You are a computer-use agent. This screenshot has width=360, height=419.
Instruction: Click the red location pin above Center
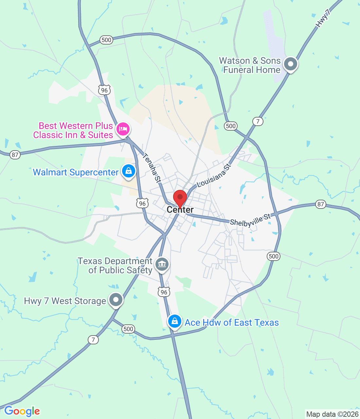[180, 198]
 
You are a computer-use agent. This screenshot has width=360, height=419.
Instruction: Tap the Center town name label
[180, 210]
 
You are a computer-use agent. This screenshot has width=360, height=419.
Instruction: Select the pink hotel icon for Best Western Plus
[123, 129]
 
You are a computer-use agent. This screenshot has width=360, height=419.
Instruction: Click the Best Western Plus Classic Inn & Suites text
[73, 130]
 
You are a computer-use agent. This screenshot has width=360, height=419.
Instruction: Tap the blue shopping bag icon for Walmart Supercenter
[129, 171]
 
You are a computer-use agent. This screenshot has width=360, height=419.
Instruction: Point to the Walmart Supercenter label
[76, 172]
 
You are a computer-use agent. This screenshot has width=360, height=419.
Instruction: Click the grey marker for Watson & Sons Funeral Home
[290, 64]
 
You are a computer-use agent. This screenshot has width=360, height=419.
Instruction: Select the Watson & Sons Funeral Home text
[250, 65]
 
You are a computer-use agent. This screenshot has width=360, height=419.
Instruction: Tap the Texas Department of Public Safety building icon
[162, 264]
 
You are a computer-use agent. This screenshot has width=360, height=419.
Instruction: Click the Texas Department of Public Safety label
[115, 265]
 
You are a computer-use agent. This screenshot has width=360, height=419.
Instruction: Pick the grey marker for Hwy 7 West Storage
[116, 299]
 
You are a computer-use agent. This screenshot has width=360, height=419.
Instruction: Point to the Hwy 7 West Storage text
[65, 301]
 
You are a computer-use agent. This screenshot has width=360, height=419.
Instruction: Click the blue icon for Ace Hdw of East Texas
[175, 321]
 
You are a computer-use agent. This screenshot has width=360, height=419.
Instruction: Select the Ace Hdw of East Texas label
[232, 323]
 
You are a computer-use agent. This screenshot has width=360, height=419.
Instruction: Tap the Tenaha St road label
[152, 168]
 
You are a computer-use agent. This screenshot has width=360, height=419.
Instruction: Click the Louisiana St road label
[214, 176]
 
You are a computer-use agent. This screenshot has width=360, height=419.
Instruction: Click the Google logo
[22, 411]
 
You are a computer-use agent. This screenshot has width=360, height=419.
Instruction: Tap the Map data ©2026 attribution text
[332, 414]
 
